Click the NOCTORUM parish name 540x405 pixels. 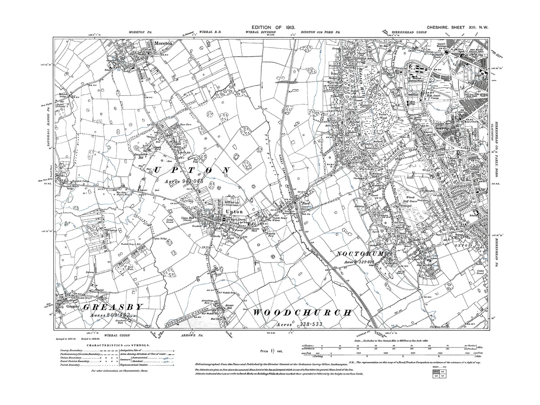[x=361, y=254]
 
